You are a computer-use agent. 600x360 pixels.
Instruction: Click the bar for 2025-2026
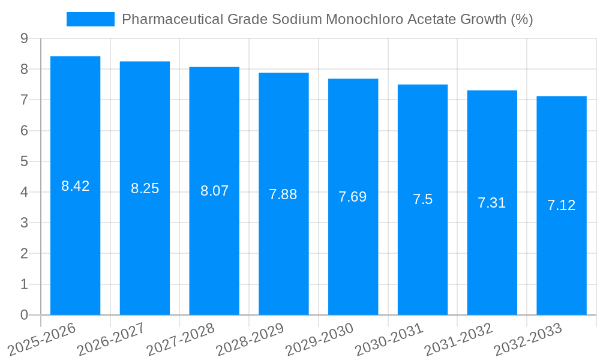pyautogui.click(x=75, y=185)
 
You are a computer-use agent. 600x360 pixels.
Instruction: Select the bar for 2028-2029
pyautogui.click(x=283, y=194)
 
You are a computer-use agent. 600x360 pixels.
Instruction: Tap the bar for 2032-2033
pyautogui.click(x=561, y=205)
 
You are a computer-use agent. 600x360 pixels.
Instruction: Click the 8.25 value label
pyautogui.click(x=145, y=188)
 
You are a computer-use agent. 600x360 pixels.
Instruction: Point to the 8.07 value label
pyautogui.click(x=214, y=191)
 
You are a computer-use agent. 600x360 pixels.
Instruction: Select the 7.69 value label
pyautogui.click(x=353, y=197)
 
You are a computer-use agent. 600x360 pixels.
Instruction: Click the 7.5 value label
pyautogui.click(x=422, y=200)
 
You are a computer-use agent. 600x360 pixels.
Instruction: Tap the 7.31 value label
pyautogui.click(x=491, y=203)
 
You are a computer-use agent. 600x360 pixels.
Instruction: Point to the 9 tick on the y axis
pyautogui.click(x=24, y=38)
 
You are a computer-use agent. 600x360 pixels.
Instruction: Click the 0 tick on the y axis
pyautogui.click(x=24, y=315)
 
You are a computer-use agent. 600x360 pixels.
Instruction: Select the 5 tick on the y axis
pyautogui.click(x=24, y=161)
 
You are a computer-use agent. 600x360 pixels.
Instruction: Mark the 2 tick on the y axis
pyautogui.click(x=24, y=254)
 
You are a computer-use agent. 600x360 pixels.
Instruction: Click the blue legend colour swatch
pyautogui.click(x=90, y=19)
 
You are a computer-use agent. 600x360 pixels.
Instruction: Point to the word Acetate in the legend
pyautogui.click(x=431, y=19)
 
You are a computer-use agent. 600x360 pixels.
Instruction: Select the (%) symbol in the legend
pyautogui.click(x=521, y=19)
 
